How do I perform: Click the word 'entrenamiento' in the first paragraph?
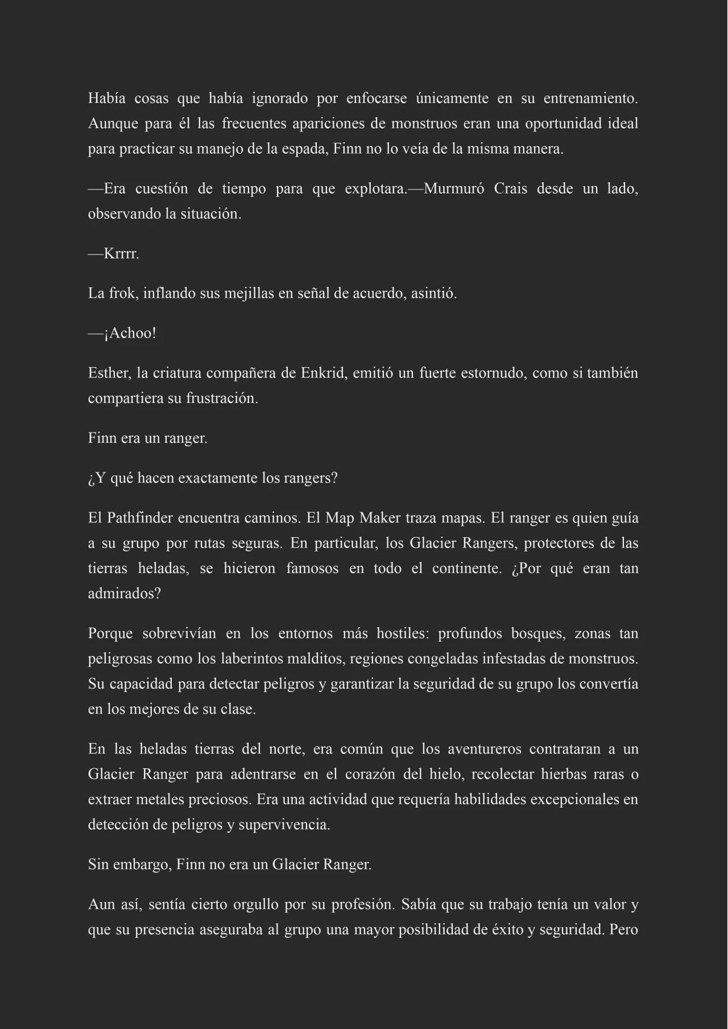pos(590,98)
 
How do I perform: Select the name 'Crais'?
pos(510,189)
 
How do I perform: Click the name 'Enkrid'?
pos(321,373)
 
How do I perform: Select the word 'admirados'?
pos(124,594)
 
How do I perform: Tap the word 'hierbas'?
pos(565,774)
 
